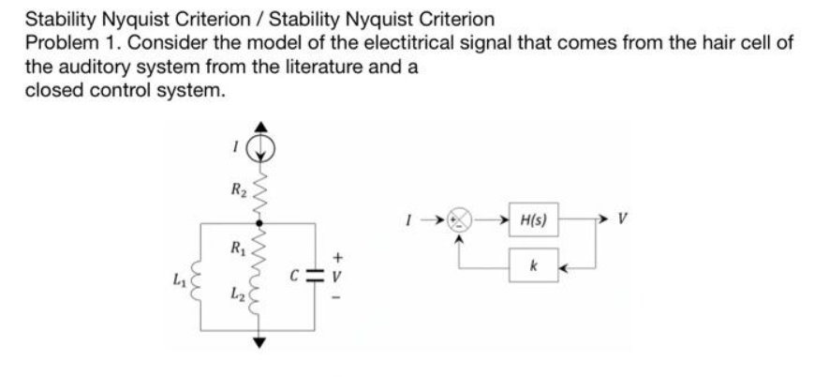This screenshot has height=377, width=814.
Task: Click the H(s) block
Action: pyautogui.click(x=532, y=224)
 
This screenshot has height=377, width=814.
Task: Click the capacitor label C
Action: pyautogui.click(x=294, y=279)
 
